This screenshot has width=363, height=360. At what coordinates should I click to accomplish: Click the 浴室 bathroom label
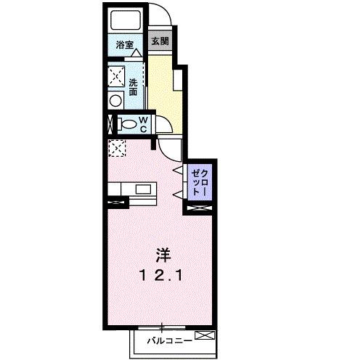coord(125,46)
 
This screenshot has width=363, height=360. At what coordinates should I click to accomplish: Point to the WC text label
coord(144,123)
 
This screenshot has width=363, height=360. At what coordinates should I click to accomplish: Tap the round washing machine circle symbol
coord(115,101)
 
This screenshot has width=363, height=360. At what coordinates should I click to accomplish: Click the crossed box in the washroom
coord(114,74)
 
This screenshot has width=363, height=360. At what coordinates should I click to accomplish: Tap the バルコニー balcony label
coord(170,339)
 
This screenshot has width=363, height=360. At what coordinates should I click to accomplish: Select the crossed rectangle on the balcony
coord(205,336)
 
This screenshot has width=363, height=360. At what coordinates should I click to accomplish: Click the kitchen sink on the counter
coord(142,190)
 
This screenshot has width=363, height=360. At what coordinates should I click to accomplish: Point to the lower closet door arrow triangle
coord(176,193)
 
